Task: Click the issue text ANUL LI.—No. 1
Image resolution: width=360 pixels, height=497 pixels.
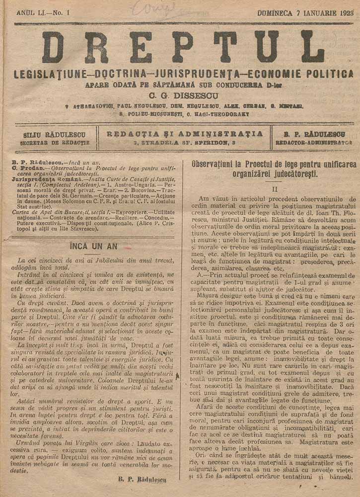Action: tap(43, 12)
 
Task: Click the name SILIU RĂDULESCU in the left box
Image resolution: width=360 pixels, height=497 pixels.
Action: tap(54, 135)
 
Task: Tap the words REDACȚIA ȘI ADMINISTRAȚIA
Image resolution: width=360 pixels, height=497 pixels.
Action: tap(185, 134)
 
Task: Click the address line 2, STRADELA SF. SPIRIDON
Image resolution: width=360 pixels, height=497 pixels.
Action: tap(185, 143)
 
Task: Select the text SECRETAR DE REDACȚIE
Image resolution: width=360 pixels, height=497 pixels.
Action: tap(54, 143)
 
